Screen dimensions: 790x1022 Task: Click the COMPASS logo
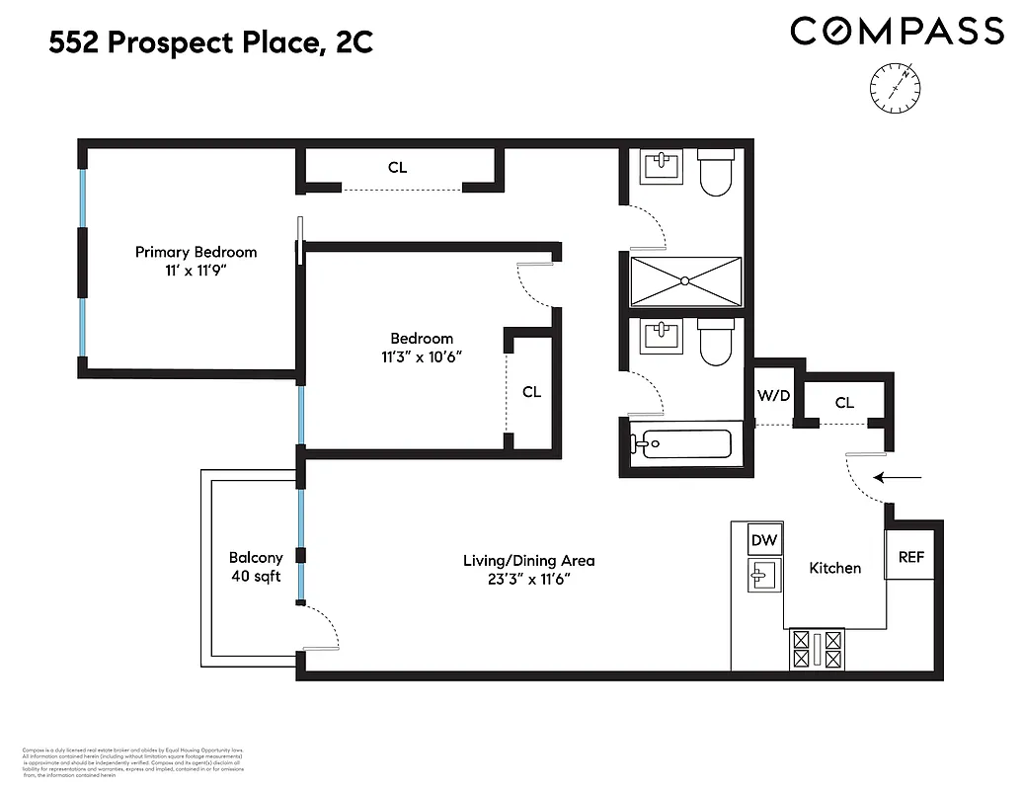point(897,32)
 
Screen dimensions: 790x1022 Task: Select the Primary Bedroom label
point(196,252)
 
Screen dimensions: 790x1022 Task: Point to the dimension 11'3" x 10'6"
point(422,356)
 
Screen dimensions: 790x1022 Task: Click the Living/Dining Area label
point(528,561)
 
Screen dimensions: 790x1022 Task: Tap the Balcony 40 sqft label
point(256,566)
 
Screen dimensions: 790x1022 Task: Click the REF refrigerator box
point(910,557)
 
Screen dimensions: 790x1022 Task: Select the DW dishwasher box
point(763,540)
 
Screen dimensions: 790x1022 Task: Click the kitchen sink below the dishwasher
point(763,575)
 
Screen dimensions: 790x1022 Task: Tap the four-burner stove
point(818,649)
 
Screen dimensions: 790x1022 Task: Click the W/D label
point(773,396)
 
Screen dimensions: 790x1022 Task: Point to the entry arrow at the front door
point(901,479)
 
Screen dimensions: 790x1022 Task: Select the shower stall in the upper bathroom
point(684,281)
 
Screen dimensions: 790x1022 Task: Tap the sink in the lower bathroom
point(661,338)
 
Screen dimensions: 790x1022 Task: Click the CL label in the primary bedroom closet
point(397,168)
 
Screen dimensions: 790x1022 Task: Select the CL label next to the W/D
point(844,402)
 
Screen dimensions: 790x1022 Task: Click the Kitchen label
point(834,568)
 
